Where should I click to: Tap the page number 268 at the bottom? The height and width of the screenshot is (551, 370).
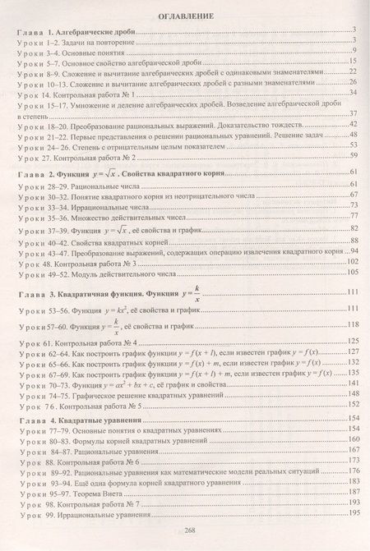click(184, 530)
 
